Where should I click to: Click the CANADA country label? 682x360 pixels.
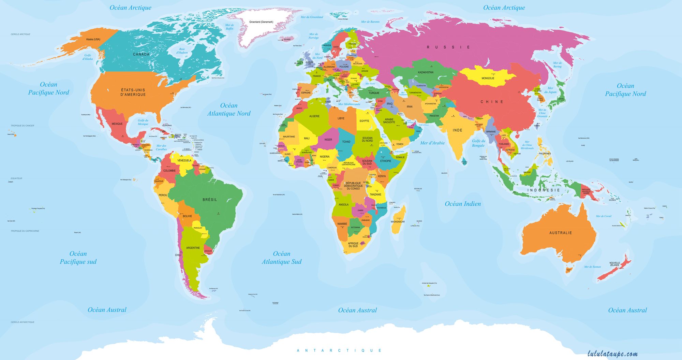(x=141, y=54)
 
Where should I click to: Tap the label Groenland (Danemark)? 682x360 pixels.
(x=261, y=22)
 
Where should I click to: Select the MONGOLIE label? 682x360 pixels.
(x=488, y=78)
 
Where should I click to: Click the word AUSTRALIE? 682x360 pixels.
(x=561, y=233)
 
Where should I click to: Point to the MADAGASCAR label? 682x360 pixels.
(x=398, y=222)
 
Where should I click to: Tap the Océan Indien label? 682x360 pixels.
(x=463, y=204)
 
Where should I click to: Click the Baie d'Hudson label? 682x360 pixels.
(x=182, y=51)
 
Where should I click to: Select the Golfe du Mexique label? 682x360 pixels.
(x=143, y=122)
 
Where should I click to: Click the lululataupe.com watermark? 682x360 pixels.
(x=612, y=354)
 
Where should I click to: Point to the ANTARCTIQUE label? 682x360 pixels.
(x=339, y=350)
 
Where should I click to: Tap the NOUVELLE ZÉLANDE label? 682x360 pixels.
(x=614, y=264)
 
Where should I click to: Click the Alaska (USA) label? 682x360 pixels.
(x=93, y=39)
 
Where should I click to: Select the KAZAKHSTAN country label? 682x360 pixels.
(x=426, y=72)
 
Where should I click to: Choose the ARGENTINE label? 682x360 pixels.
(x=193, y=248)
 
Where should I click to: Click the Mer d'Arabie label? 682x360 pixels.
(x=432, y=143)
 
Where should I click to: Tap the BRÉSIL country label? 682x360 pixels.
(x=209, y=200)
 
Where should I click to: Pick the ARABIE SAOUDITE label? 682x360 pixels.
(x=389, y=121)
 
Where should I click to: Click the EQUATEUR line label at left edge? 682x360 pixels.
(x=16, y=178)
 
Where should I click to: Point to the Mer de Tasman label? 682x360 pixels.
(x=592, y=267)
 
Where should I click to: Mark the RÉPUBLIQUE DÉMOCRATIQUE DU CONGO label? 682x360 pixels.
(x=353, y=186)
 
